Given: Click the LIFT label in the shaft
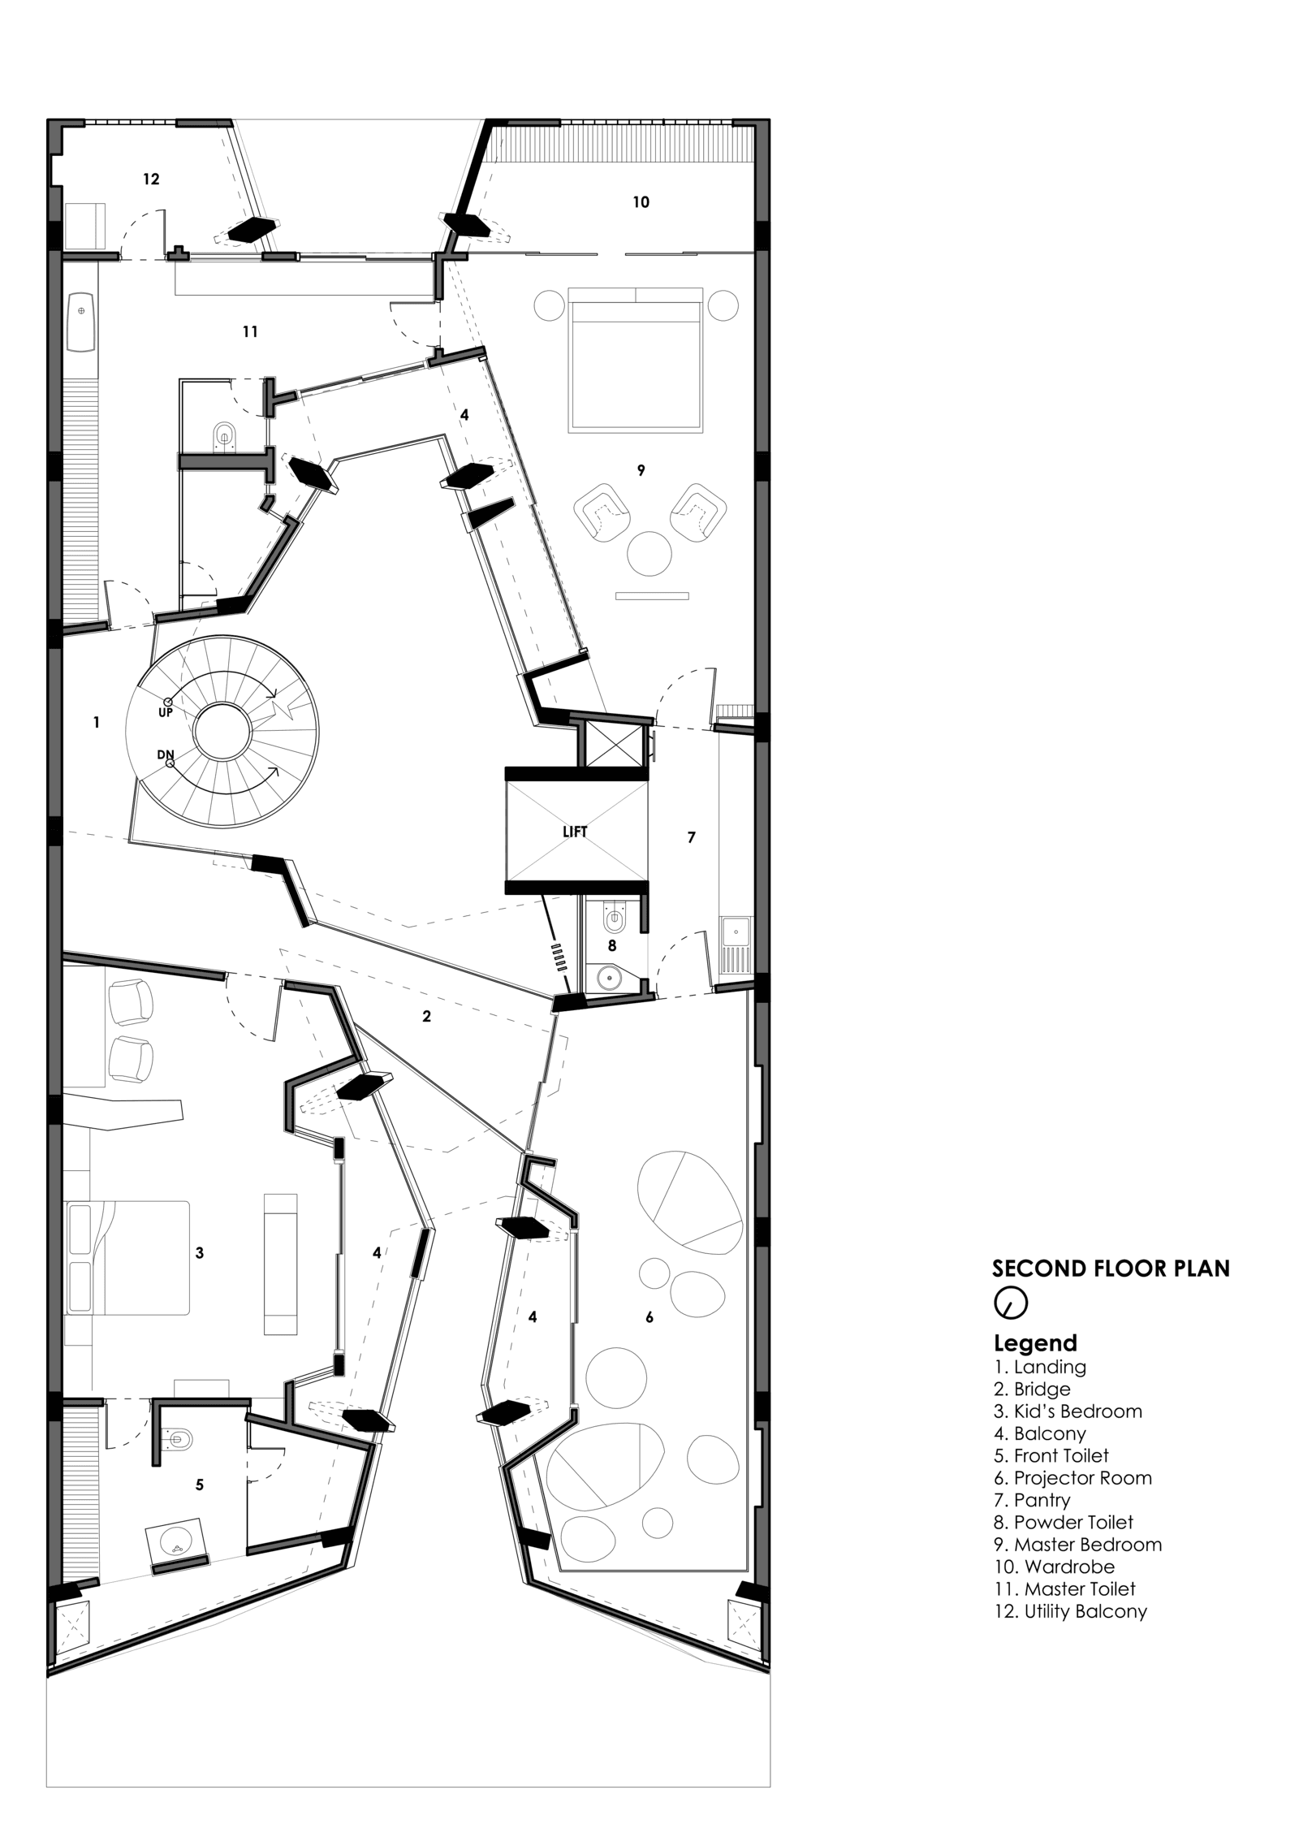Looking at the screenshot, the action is [574, 832].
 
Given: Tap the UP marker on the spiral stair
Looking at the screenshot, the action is [166, 712].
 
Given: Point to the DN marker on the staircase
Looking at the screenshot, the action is [166, 754].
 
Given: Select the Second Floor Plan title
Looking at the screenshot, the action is [1111, 1269].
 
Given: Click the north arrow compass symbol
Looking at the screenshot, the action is [1010, 1303].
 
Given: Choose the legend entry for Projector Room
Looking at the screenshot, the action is [1072, 1478].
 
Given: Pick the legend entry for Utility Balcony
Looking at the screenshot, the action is [1070, 1611].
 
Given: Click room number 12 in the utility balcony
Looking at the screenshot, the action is [151, 179].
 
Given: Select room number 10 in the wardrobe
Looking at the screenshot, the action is [641, 202].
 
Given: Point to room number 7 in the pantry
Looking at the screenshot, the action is [692, 837].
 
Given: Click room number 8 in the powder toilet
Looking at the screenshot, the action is [612, 945].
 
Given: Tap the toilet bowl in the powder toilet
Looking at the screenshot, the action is [615, 919].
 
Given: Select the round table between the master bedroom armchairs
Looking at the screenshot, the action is [649, 553].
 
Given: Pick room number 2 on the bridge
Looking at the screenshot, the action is [426, 1016].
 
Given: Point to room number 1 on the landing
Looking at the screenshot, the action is [97, 722].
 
